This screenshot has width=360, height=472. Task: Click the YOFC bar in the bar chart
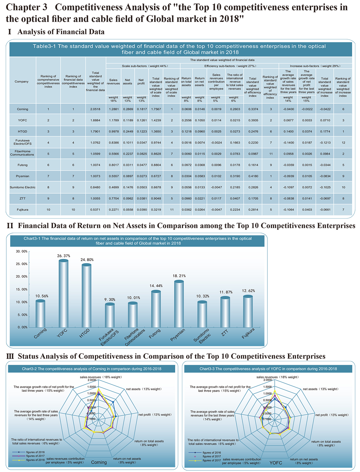[x=63, y=293]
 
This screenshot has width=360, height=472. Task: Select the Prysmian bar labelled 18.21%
[x=179, y=304]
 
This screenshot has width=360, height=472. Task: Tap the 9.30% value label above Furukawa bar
[x=110, y=299]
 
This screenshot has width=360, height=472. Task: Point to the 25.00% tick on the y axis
[x=22, y=264]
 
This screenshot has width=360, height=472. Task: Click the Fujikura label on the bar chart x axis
[x=248, y=334]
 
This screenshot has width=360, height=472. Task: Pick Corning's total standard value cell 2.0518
[x=95, y=109]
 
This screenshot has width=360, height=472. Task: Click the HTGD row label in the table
[x=22, y=131]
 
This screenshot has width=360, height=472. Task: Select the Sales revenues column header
[x=113, y=82]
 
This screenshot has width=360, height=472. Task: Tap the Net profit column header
[x=141, y=82]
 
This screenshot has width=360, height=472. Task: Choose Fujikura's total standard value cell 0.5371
[x=95, y=210]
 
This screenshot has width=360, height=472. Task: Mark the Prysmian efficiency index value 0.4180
[x=253, y=176]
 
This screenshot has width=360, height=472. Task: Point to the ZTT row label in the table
[x=22, y=198]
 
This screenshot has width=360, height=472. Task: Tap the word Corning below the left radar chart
[x=99, y=462]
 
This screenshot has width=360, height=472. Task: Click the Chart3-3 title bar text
[x=268, y=369]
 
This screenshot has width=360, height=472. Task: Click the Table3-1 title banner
[x=180, y=49]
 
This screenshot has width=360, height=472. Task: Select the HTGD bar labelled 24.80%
[x=86, y=296]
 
